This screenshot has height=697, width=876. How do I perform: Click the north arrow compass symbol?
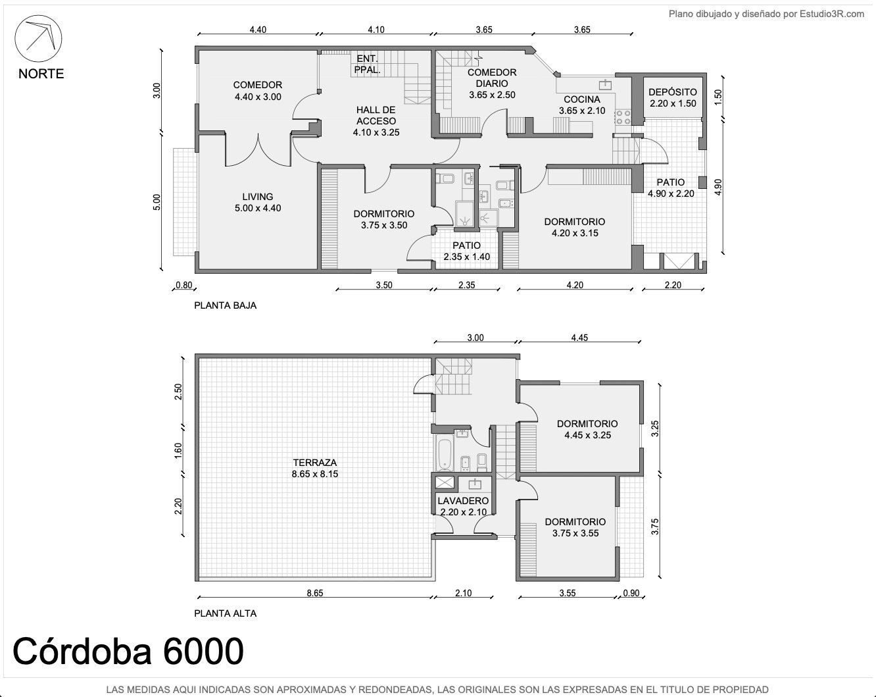point(38,39)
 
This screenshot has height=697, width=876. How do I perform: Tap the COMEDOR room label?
point(257,85)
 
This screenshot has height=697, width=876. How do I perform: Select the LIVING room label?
point(257,197)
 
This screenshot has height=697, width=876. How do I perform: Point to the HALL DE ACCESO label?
point(376,115)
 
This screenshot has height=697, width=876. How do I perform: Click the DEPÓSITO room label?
point(673,92)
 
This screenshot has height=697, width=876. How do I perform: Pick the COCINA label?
point(581,99)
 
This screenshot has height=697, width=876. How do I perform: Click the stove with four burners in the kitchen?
point(623,117)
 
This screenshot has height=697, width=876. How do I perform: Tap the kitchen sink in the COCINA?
point(605,85)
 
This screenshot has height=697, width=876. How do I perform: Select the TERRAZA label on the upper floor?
point(314,462)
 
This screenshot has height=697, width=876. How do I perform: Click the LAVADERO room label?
point(463,501)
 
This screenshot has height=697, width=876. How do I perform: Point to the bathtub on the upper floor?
point(445,454)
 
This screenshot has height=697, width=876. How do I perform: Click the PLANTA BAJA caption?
point(225,305)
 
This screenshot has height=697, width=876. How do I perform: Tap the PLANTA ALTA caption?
point(225,613)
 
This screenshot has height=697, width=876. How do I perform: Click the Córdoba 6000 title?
point(128,651)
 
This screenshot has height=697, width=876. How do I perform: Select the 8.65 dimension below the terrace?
point(314,593)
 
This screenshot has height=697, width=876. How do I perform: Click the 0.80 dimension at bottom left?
point(184,285)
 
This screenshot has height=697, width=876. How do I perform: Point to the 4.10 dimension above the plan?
point(376,30)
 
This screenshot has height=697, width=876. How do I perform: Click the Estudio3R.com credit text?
point(832,14)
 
